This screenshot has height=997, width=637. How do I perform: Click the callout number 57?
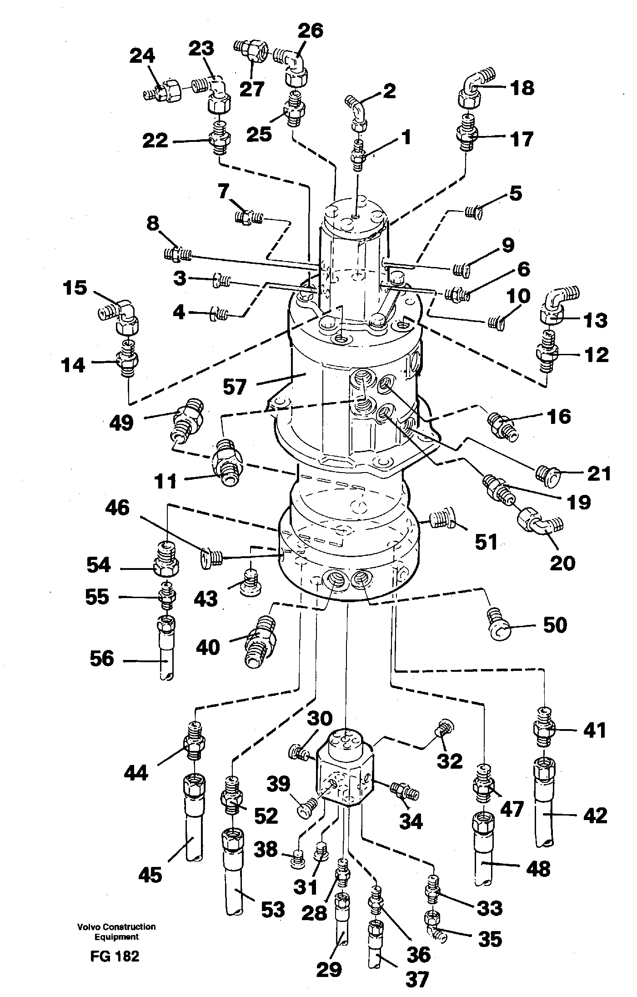[x=234, y=387]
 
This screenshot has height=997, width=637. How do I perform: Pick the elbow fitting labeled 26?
[x=295, y=65]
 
